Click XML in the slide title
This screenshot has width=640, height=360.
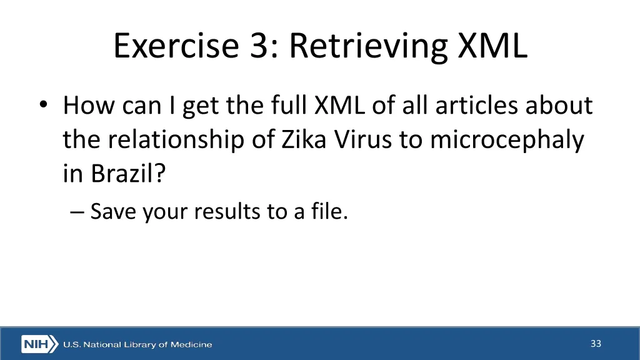pos(492,46)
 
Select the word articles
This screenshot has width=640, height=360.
pos(476,106)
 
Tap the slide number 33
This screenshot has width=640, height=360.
pos(596,343)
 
